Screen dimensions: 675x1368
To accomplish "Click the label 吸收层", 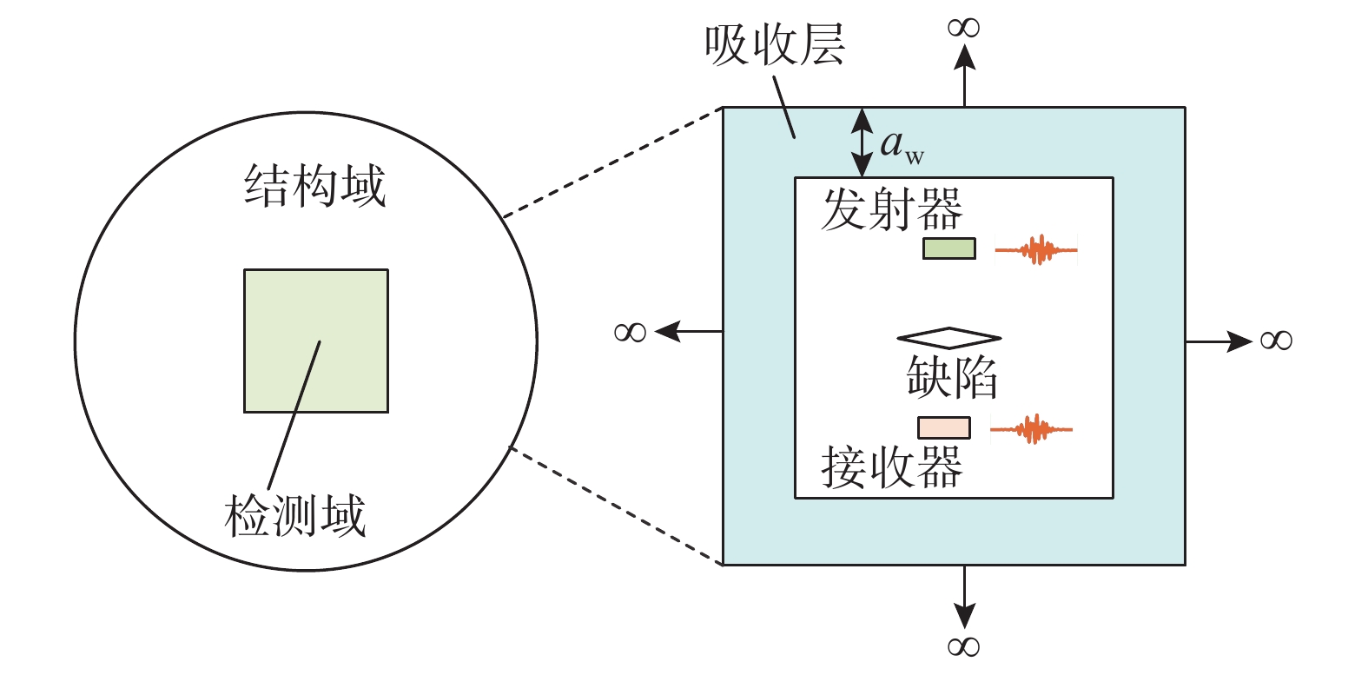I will click(x=774, y=45).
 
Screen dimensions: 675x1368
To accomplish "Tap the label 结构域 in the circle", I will click(x=314, y=186).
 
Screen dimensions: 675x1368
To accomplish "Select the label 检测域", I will click(x=295, y=516).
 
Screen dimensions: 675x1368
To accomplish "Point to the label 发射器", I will click(x=891, y=209).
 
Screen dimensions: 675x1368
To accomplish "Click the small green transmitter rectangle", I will click(x=948, y=248).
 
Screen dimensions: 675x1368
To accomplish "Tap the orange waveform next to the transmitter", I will click(x=1036, y=250).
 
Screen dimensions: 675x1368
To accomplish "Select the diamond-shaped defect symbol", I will click(x=949, y=337).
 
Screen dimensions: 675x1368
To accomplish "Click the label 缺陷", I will click(x=951, y=377).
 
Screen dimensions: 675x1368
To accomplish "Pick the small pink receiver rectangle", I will click(x=944, y=427).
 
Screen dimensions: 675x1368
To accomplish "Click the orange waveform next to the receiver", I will click(x=1032, y=429).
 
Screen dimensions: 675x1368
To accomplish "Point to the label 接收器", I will click(x=891, y=467).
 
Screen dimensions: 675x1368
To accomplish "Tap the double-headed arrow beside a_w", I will click(x=862, y=142).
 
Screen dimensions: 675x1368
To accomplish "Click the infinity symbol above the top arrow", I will click(x=964, y=28).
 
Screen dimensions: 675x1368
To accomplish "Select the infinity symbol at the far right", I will click(x=1276, y=340).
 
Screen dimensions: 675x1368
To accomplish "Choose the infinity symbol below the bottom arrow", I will click(x=964, y=646).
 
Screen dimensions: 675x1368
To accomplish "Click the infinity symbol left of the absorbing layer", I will click(x=631, y=332).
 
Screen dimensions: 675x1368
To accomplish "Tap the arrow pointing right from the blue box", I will click(x=1219, y=341).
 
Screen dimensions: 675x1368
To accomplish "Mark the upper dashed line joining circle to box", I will click(x=612, y=162).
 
